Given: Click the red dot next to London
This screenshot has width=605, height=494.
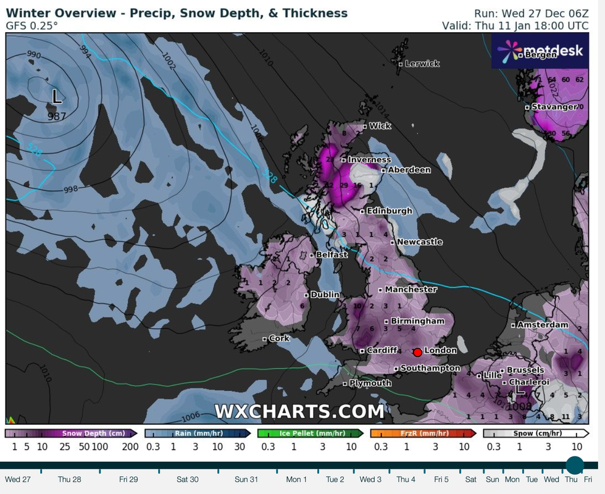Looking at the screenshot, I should coord(417,353).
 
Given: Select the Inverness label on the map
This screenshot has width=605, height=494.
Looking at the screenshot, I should coord(369,160).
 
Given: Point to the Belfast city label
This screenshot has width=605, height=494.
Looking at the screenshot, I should coord(332,254).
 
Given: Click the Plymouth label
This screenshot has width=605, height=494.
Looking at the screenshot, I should coord(370,383).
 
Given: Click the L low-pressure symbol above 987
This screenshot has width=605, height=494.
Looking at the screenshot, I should coord(57,97).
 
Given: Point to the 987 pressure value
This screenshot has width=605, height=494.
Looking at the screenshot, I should coord(57,115).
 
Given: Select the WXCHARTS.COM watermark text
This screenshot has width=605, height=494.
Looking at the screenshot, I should coord(299,411).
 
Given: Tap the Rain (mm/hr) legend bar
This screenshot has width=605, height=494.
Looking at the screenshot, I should coord(198,433).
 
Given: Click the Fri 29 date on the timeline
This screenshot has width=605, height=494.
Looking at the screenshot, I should coord(128,479).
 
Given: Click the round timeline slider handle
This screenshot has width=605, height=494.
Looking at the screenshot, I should coord(575,466).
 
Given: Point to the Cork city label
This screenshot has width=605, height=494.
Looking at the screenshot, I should coord(279,338).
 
